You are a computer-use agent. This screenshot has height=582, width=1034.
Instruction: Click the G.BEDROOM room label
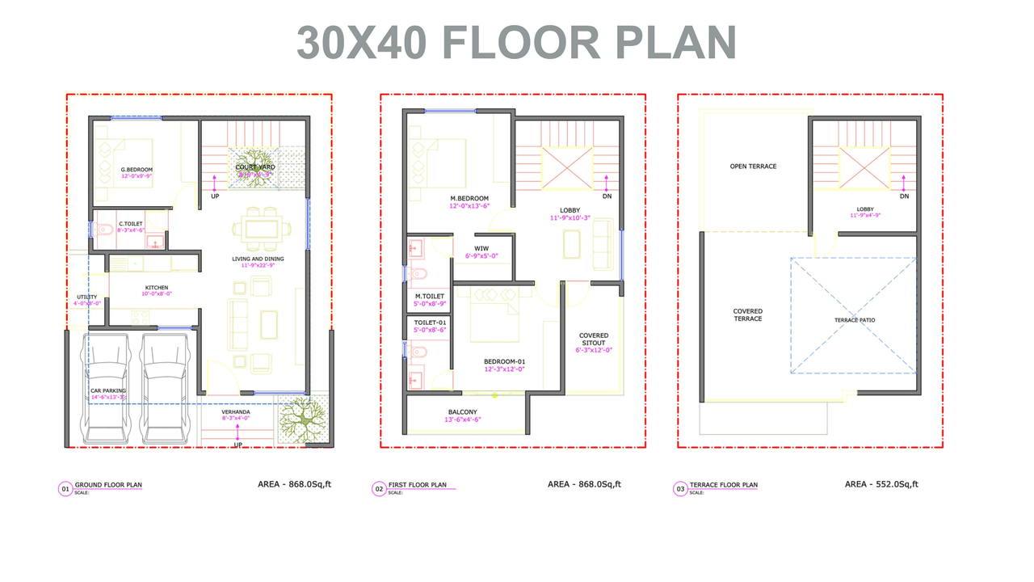click(x=137, y=170)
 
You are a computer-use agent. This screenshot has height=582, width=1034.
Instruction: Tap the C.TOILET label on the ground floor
click(x=131, y=224)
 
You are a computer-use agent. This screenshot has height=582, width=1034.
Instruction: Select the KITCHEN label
click(x=157, y=288)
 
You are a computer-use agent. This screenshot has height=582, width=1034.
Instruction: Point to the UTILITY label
click(x=86, y=297)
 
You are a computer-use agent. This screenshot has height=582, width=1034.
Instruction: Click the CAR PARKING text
click(x=107, y=390)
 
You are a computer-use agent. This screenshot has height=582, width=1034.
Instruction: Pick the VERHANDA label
click(x=236, y=412)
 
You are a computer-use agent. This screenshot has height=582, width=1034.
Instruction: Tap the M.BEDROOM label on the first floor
click(x=469, y=199)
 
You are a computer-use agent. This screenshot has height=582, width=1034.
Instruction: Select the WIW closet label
click(x=481, y=248)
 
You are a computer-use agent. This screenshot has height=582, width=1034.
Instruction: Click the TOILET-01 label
click(x=429, y=322)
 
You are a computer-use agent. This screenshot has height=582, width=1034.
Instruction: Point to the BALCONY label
click(x=464, y=412)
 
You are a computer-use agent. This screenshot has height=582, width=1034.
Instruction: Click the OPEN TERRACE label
click(x=753, y=167)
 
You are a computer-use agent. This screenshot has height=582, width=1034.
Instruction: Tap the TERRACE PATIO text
click(x=855, y=320)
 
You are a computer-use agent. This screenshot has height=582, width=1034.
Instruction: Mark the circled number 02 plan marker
click(x=379, y=488)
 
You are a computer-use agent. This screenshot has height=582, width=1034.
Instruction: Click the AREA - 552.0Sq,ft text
click(x=881, y=484)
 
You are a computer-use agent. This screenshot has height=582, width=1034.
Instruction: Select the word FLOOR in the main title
click(x=521, y=42)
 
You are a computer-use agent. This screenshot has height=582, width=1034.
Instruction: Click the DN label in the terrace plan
click(x=904, y=196)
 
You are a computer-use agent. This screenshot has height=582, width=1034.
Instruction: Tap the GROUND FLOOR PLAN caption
click(x=108, y=485)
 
